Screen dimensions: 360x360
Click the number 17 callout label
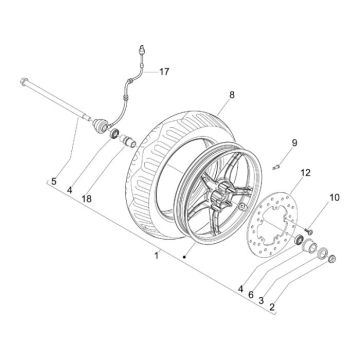tap(165, 71)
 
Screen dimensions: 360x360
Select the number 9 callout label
tap(267, 143)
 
